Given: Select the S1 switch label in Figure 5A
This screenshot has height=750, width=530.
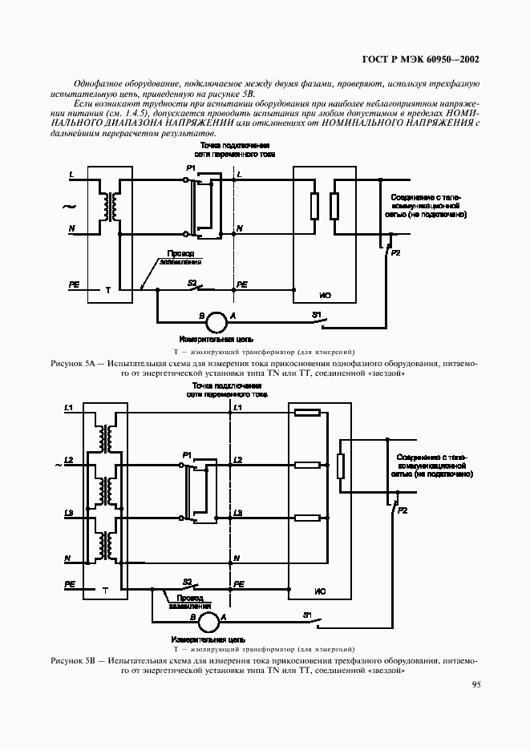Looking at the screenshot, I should point(316,313).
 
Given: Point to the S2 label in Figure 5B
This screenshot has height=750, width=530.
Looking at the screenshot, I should point(187,581).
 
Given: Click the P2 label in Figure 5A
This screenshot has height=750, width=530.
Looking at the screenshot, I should point(394,253).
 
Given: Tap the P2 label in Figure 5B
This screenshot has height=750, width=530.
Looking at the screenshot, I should point(403,510).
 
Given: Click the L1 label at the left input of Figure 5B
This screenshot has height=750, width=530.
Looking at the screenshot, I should point(68,409).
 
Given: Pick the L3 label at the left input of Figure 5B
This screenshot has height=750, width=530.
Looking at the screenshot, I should point(68,512).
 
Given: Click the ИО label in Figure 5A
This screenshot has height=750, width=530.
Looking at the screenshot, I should point(326,296).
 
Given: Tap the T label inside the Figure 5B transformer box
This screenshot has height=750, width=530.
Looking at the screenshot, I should point(105,590).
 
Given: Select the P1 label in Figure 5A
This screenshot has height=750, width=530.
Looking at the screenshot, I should point(190,167).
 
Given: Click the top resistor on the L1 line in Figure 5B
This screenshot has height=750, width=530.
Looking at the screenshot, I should point(308,413).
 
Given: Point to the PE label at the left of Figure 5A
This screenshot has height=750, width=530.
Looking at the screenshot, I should point(73,284).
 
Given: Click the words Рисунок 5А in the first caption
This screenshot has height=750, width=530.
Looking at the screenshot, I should point(73,364).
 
